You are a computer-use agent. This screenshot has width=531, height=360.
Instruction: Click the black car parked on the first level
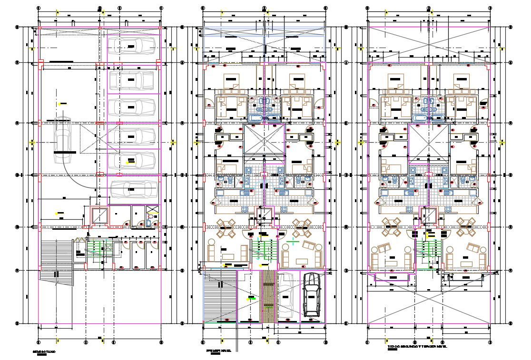point(311,294)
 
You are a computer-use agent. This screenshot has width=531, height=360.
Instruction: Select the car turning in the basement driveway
point(62,138)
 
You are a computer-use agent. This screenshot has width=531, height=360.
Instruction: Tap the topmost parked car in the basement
point(132,45)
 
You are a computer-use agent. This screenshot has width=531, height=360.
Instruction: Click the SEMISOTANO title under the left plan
point(44,352)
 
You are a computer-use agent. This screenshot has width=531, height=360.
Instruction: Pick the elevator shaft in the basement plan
point(99,216)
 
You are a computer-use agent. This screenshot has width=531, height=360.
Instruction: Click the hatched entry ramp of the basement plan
point(56,262)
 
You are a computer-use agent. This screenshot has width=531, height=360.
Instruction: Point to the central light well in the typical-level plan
point(428,140)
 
